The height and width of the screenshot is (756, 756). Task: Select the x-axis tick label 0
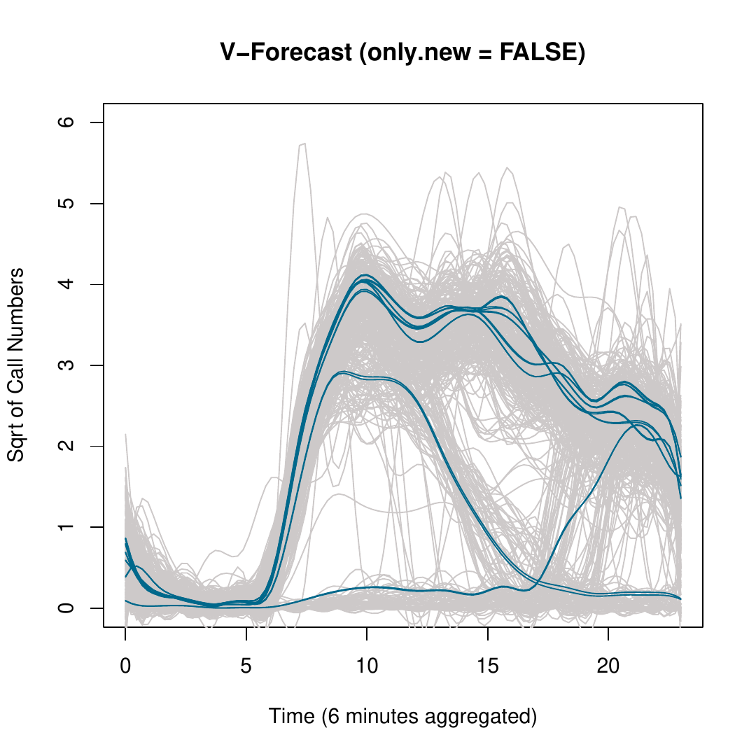126,666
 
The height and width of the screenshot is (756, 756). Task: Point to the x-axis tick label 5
246,666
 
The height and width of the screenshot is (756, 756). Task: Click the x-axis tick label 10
367,666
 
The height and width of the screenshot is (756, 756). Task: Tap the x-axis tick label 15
488,666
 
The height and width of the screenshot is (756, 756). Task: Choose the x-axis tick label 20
608,666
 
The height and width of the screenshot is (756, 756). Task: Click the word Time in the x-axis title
286,716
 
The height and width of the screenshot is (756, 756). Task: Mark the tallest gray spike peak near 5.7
304,143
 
